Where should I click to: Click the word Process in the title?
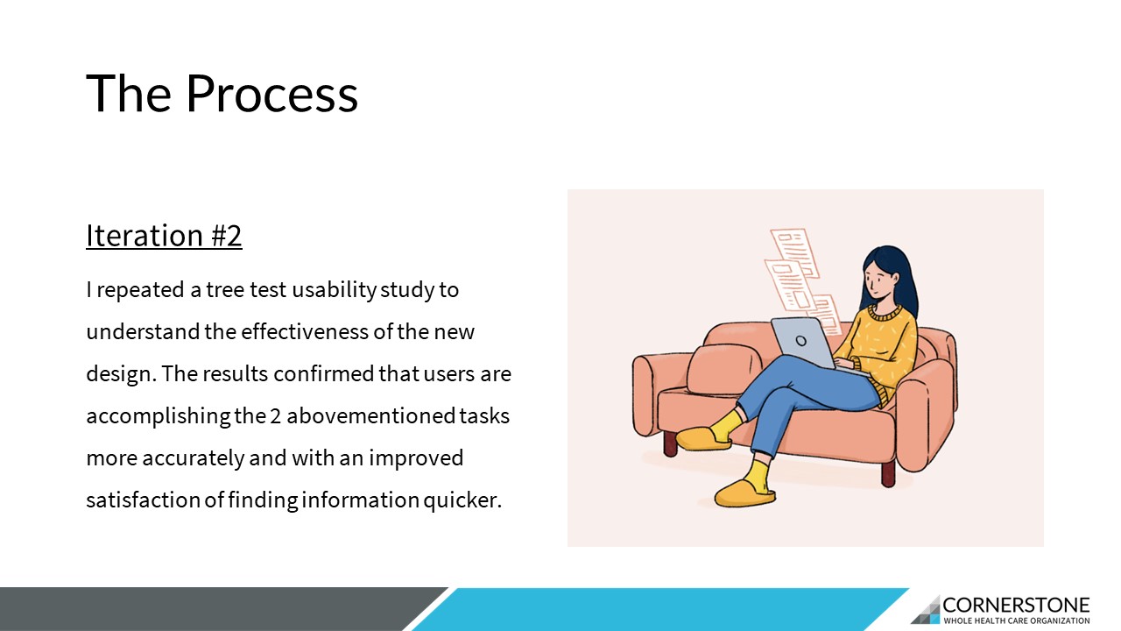point(271,94)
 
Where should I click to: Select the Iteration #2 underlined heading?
point(164,235)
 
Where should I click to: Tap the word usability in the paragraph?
point(334,290)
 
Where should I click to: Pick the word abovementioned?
point(370,415)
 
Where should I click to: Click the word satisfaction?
point(143,500)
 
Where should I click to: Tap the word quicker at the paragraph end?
point(462,500)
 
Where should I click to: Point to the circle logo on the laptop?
point(800,341)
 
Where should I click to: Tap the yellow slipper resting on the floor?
point(744,493)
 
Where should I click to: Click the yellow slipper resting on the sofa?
point(703,439)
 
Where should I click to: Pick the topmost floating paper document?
point(794,252)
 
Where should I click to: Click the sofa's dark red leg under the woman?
point(888,474)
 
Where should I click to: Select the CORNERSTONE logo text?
point(1016,606)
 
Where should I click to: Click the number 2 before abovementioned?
point(275,416)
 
